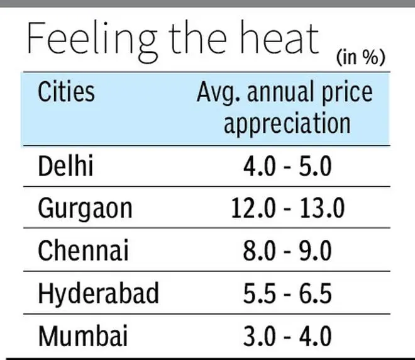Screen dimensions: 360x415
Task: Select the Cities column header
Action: (66, 92)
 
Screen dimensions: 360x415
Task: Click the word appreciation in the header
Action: (287, 121)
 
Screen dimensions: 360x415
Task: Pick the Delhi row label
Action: (65, 166)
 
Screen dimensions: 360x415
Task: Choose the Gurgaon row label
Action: (85, 208)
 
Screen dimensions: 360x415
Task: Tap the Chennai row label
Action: (83, 250)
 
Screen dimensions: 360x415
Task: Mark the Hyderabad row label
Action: (98, 293)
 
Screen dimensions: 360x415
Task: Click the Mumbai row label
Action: (83, 335)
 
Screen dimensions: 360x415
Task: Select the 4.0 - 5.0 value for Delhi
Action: (287, 167)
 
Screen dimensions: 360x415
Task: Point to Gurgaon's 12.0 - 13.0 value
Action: (287, 208)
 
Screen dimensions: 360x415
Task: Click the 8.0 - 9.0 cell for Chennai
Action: (287, 250)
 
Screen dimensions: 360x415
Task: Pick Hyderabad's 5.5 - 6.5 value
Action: (287, 293)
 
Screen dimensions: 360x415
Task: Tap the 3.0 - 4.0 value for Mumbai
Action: (287, 335)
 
